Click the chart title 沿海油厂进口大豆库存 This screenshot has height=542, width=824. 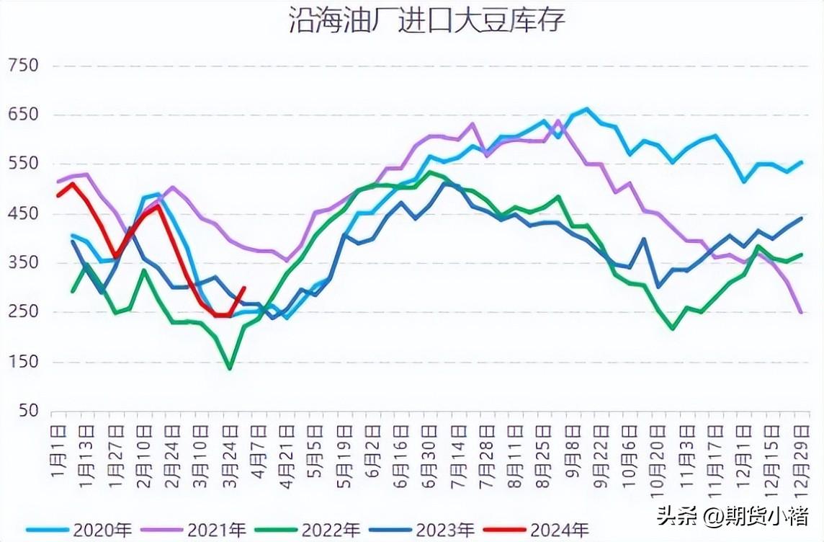point(427,20)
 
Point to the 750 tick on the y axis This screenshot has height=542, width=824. point(23,66)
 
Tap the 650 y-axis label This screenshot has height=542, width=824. point(23,115)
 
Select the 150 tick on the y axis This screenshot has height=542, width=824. point(23,362)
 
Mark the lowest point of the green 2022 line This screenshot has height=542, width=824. point(230,368)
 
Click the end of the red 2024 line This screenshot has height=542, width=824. point(244,288)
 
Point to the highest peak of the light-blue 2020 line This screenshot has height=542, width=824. point(586,109)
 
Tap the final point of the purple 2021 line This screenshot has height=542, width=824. point(802,312)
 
